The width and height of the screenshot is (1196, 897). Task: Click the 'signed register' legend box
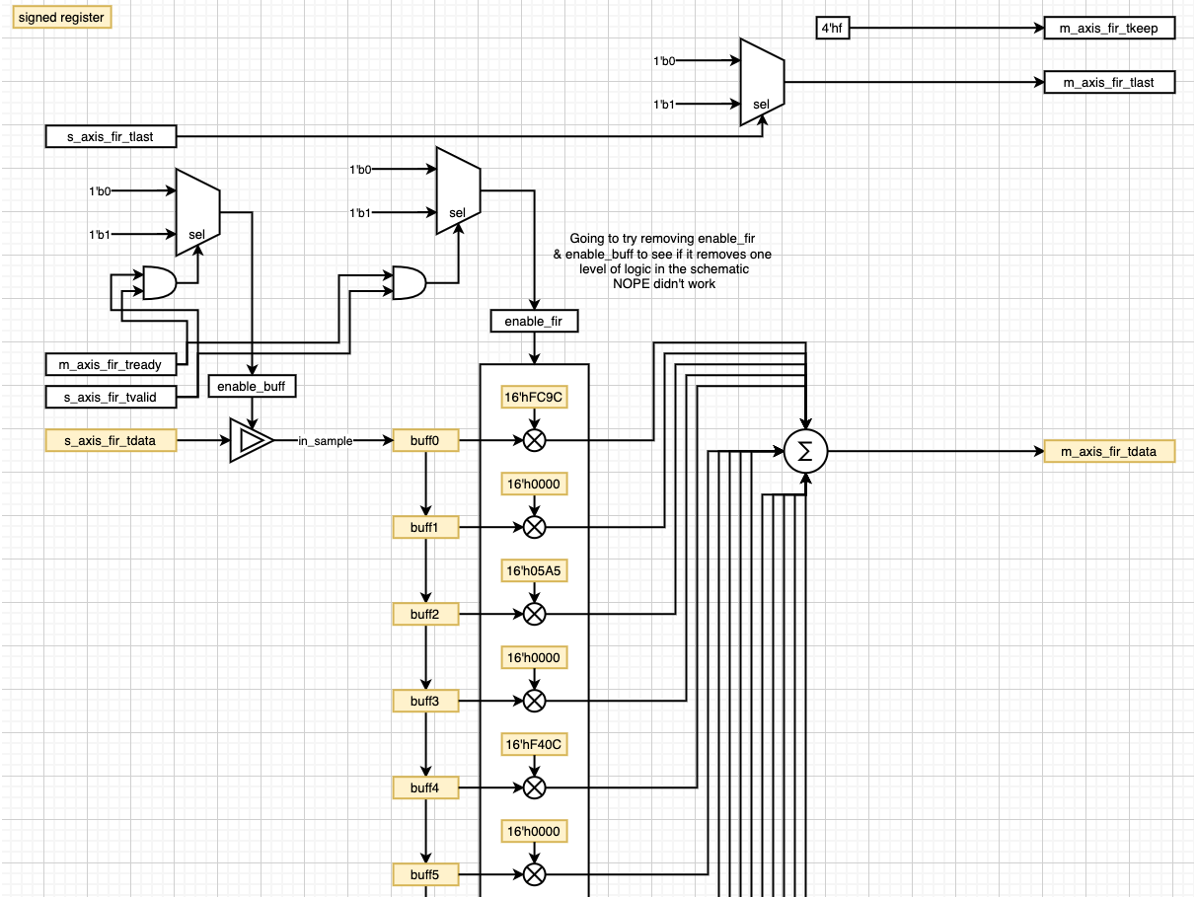tap(61, 18)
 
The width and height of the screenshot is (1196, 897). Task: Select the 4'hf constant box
tap(832, 29)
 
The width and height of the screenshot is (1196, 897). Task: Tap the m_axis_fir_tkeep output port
tap(1110, 29)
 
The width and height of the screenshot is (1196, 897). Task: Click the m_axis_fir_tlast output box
tap(1110, 83)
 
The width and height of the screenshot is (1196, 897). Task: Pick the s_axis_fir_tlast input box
tap(111, 136)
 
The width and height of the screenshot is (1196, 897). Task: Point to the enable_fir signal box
tap(534, 321)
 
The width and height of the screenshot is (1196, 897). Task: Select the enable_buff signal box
tap(252, 386)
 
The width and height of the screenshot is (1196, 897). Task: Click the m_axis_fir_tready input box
tap(111, 364)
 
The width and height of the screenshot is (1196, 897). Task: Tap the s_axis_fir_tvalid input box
tap(111, 397)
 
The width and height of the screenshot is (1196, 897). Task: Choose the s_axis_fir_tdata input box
tap(111, 440)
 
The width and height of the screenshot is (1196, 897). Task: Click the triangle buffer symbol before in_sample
tap(251, 440)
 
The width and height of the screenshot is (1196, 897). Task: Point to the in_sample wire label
tap(325, 441)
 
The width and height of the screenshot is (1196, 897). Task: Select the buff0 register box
tap(425, 440)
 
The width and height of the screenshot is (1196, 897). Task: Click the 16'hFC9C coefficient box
tap(534, 397)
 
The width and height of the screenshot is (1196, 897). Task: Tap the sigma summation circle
tap(805, 452)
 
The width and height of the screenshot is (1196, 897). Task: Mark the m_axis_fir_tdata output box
tap(1110, 452)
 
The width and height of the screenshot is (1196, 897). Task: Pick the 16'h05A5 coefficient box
tap(534, 571)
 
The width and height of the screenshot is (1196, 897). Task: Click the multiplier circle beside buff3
tap(534, 701)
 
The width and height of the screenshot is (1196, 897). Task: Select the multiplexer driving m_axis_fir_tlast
tap(761, 83)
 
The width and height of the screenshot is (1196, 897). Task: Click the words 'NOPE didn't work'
tap(663, 283)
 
